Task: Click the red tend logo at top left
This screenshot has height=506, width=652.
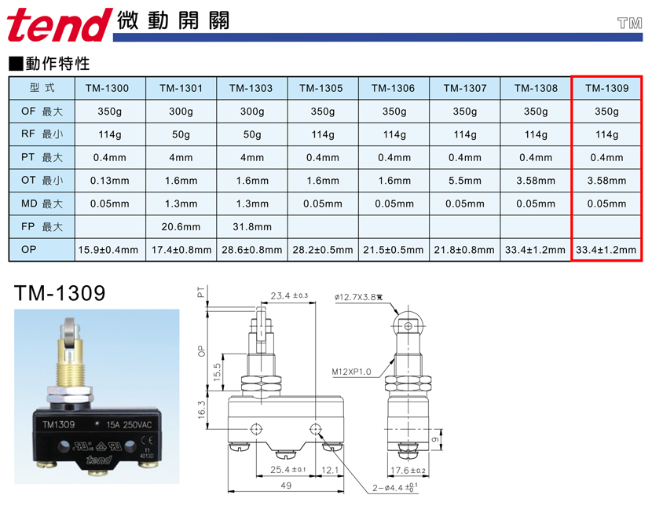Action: pyautogui.click(x=60, y=25)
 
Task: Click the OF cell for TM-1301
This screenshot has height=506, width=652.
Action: pyautogui.click(x=181, y=112)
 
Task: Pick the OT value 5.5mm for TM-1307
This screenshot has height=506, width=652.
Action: pyautogui.click(x=465, y=181)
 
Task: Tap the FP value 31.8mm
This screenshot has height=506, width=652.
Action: pyautogui.click(x=252, y=226)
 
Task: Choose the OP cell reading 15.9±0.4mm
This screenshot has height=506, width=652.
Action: pyautogui.click(x=108, y=250)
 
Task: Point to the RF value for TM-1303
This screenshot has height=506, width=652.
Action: pyautogui.click(x=252, y=134)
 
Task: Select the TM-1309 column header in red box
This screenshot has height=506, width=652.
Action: pyautogui.click(x=607, y=88)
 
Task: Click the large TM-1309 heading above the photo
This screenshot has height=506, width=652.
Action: pyautogui.click(x=60, y=293)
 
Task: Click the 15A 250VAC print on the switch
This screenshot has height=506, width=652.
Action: pyautogui.click(x=129, y=424)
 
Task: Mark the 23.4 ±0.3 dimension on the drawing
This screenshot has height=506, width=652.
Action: pyautogui.click(x=289, y=295)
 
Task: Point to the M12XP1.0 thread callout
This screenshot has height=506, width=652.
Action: pyautogui.click(x=351, y=372)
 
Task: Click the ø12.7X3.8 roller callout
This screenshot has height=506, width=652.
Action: pyautogui.click(x=358, y=297)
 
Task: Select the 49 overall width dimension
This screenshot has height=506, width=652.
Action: pyautogui.click(x=286, y=486)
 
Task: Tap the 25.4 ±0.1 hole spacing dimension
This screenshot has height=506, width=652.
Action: pyautogui.click(x=288, y=469)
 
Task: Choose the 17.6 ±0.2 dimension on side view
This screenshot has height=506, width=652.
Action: pyautogui.click(x=408, y=470)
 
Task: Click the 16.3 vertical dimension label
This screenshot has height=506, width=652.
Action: pyautogui.click(x=202, y=409)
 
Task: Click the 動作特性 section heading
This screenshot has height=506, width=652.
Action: pyautogui.click(x=57, y=64)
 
